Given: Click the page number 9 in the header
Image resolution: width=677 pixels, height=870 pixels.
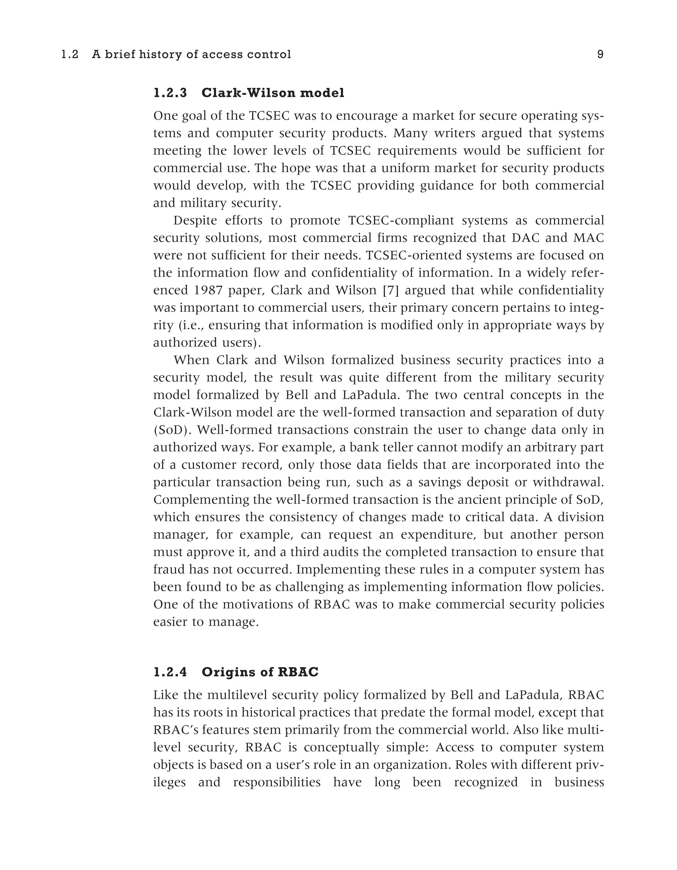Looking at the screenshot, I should pyautogui.click(x=600, y=55).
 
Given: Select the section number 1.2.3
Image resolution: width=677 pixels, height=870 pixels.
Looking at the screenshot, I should pyautogui.click(x=170, y=93).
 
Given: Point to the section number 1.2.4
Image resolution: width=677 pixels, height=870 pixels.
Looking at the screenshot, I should pyautogui.click(x=170, y=672).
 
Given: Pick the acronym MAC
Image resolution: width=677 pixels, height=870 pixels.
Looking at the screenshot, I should pyautogui.click(x=588, y=238).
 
